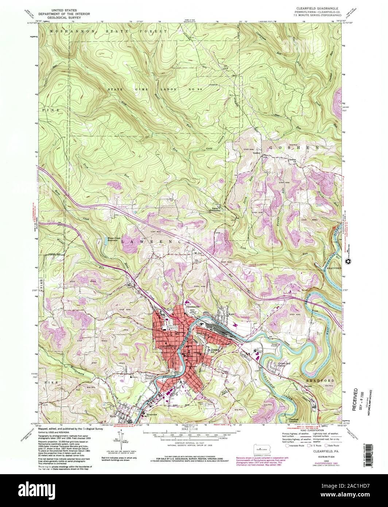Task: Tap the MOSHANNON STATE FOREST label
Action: pyautogui.click(x=106, y=32)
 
